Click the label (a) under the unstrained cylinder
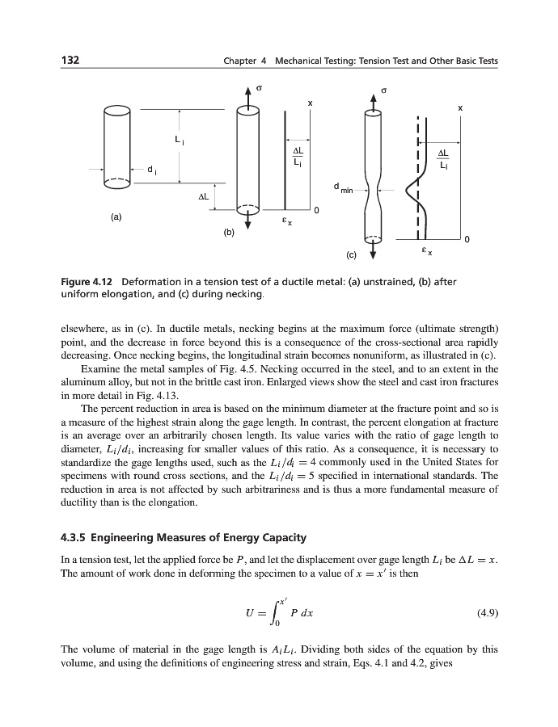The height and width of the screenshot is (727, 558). pyautogui.click(x=117, y=217)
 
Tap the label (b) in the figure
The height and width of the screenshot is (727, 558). pyautogui.click(x=229, y=233)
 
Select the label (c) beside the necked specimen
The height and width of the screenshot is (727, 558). pyautogui.click(x=351, y=255)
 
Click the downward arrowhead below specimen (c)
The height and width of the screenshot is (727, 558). pyautogui.click(x=373, y=256)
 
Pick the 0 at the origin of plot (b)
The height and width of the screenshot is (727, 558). pyautogui.click(x=316, y=212)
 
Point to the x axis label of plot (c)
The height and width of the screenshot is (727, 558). pyautogui.click(x=460, y=107)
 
